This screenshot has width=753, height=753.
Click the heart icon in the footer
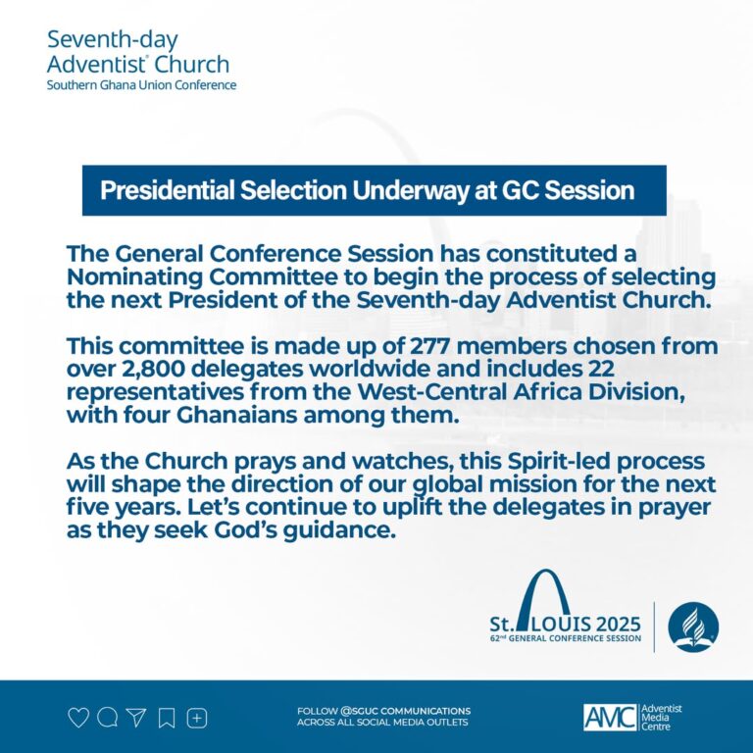click(78, 718)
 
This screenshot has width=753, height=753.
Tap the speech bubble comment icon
click(108, 718)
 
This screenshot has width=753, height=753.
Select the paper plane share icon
click(136, 718)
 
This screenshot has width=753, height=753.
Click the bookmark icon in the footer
click(167, 718)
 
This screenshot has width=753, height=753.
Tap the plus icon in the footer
click(197, 718)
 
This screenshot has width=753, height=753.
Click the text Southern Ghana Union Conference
click(141, 85)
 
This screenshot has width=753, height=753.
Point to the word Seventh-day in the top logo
click(112, 40)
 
